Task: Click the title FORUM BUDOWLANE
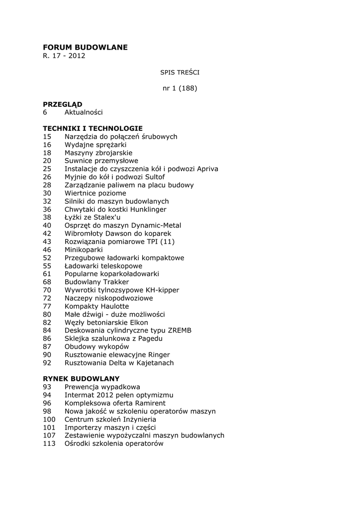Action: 85,47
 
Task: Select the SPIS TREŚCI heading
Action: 180,73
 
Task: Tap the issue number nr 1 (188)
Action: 180,88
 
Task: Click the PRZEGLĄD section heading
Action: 63,104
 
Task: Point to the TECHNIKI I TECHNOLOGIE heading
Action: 92,128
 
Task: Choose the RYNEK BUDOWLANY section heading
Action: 81,379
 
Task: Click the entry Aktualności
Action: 84,112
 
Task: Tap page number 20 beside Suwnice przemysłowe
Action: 47,161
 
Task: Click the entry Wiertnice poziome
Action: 95,193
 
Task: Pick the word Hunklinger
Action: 145,209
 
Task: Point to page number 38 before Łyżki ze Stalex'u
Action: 47,217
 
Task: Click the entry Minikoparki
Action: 84,250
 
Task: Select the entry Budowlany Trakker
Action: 96,282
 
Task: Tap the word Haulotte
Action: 112,306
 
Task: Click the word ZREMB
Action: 180,331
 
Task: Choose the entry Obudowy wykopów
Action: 96,346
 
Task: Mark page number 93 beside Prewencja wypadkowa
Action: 47,387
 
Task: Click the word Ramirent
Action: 147,403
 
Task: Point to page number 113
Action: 49,443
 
